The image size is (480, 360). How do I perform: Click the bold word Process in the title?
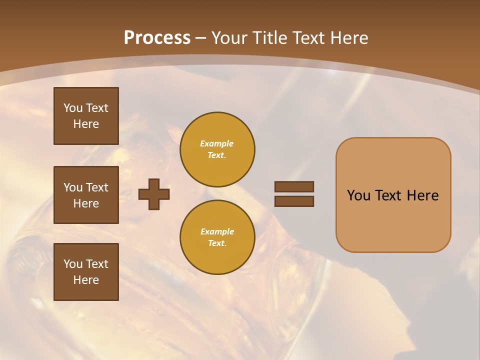157,38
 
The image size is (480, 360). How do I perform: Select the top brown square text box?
86,116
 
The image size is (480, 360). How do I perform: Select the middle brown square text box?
86,195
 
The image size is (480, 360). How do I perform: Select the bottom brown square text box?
86,272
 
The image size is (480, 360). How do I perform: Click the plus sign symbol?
154,194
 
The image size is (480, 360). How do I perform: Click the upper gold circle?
217,149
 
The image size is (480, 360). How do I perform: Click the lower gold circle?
217,237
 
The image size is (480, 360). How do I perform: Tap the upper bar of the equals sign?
294,186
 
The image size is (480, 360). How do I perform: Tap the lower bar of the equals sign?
294,201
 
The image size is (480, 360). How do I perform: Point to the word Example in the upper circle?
217,143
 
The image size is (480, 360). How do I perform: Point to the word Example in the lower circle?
217,231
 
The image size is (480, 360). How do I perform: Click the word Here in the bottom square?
86,280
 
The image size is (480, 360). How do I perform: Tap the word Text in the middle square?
97,187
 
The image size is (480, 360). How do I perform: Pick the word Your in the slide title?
228,38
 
